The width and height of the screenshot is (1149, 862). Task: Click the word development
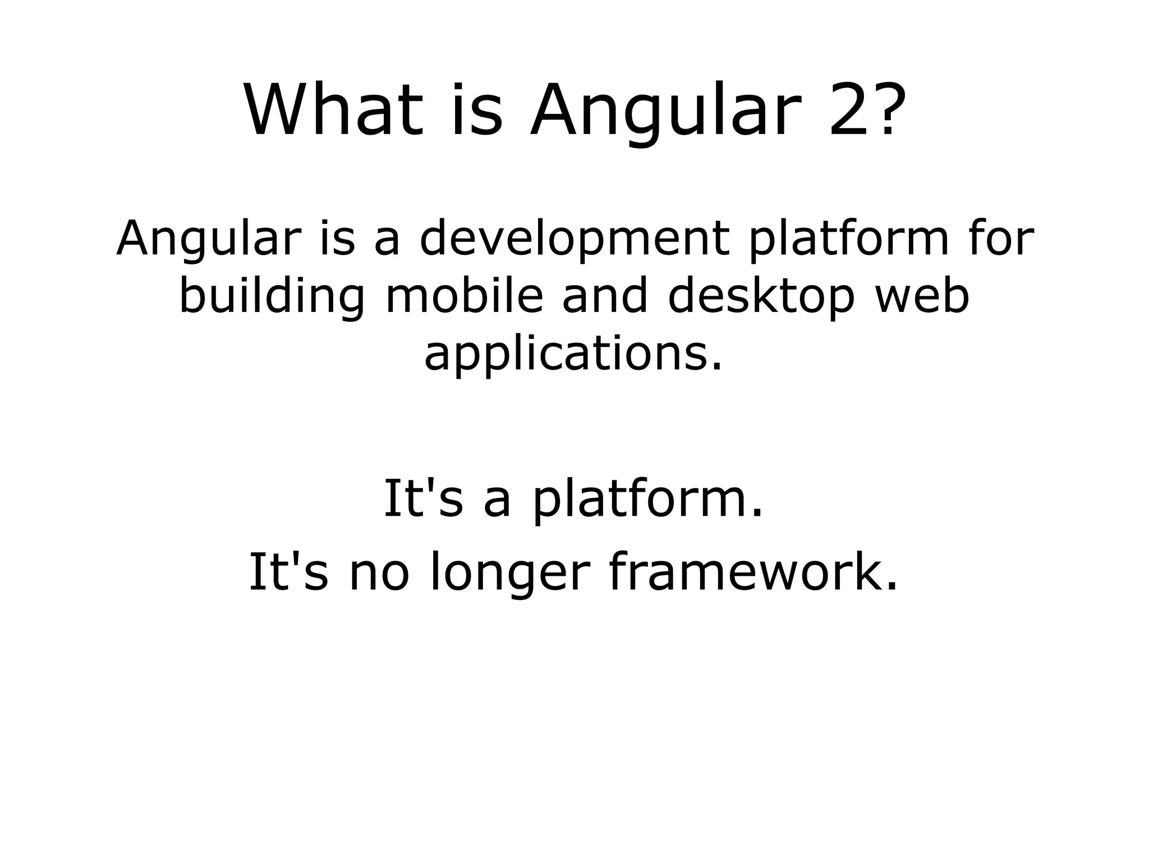pyautogui.click(x=575, y=239)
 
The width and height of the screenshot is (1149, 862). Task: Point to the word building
pyautogui.click(x=272, y=297)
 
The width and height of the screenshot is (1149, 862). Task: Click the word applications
pyautogui.click(x=572, y=355)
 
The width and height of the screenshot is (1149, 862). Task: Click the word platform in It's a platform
pyautogui.click(x=648, y=499)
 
